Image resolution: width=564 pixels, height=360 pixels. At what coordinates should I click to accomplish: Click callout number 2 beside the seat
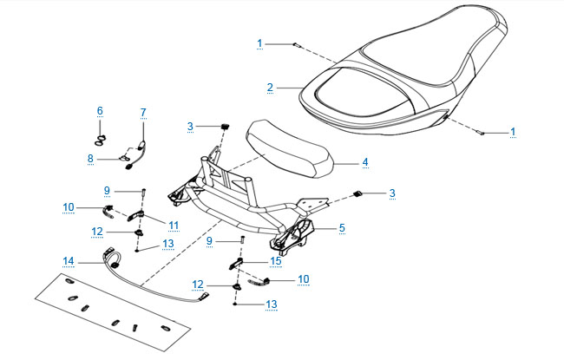click(x=270, y=88)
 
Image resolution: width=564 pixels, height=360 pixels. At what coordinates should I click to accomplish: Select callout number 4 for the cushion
click(x=365, y=162)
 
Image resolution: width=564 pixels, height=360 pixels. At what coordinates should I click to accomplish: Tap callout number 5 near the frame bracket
click(x=342, y=227)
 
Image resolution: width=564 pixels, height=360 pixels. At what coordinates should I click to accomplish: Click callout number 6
click(x=100, y=111)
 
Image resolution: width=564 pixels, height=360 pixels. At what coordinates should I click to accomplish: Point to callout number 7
click(x=143, y=113)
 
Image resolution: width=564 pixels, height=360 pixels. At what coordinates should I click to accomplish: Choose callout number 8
click(x=90, y=158)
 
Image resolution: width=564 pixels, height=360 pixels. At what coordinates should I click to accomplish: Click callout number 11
click(x=174, y=226)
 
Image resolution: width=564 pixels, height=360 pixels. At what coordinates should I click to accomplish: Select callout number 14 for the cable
click(x=69, y=261)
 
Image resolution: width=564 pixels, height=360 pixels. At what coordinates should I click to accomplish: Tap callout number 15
click(x=276, y=261)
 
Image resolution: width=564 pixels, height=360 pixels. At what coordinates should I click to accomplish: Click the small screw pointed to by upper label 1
click(x=297, y=45)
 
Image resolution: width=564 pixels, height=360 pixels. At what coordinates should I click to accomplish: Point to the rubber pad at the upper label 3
click(x=226, y=127)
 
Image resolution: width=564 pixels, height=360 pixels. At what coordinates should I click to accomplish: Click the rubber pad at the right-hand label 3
click(x=357, y=193)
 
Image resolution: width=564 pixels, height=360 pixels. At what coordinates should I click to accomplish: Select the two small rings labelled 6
click(x=101, y=141)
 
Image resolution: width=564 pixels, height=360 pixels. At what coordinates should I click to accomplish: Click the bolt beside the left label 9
click(x=144, y=192)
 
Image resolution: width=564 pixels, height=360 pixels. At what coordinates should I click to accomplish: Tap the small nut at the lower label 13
click(x=235, y=304)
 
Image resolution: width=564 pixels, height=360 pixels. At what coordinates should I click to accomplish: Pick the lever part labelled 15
click(x=236, y=264)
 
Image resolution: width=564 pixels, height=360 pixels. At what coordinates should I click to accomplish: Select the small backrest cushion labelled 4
click(x=288, y=149)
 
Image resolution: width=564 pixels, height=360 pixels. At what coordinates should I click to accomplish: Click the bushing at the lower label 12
click(x=237, y=286)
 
